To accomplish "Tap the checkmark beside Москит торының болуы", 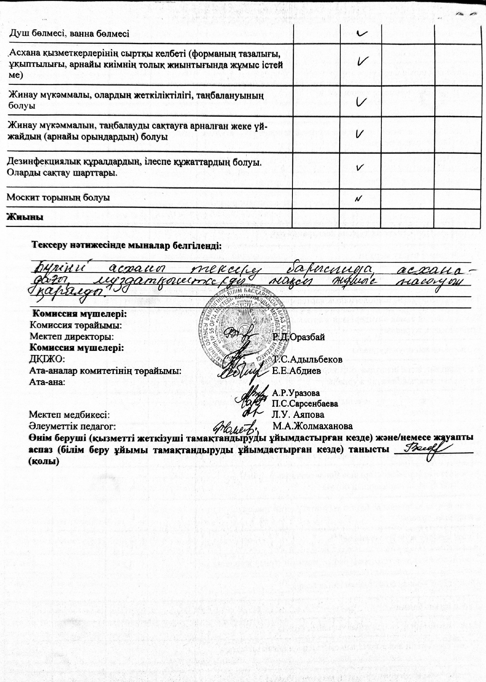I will pos(359,198).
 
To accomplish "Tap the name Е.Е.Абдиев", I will pos(297,370).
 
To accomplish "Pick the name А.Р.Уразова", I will pos(296,392).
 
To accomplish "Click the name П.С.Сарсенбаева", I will pos(305,403).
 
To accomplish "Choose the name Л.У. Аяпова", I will pos(298,414).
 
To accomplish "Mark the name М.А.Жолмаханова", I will pos(313,426).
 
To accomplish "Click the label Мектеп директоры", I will pos(72,337).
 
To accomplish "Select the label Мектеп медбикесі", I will pos(69,414).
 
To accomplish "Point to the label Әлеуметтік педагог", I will pos(72,426).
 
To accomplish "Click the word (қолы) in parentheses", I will pos(43,462).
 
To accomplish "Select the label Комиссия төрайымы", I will pos(76,325).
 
